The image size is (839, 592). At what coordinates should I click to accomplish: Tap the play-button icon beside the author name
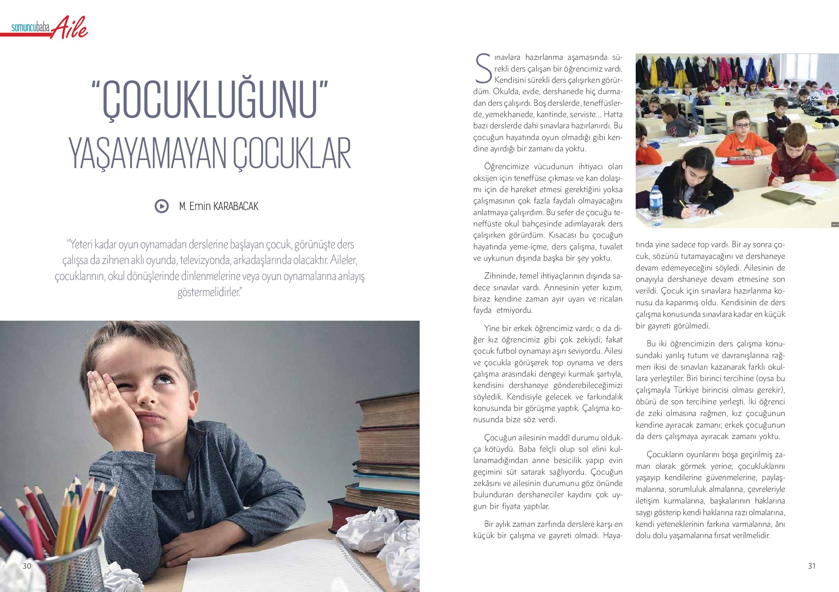tap(161, 206)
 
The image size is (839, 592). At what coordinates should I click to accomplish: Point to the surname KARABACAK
tap(236, 207)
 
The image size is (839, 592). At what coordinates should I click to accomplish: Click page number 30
tap(27, 566)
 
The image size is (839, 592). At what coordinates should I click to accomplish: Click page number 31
tap(812, 566)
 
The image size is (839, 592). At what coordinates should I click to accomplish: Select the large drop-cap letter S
tap(482, 69)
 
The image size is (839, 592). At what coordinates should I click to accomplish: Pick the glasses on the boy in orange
tap(741, 125)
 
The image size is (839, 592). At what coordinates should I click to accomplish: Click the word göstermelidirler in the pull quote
tap(208, 292)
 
